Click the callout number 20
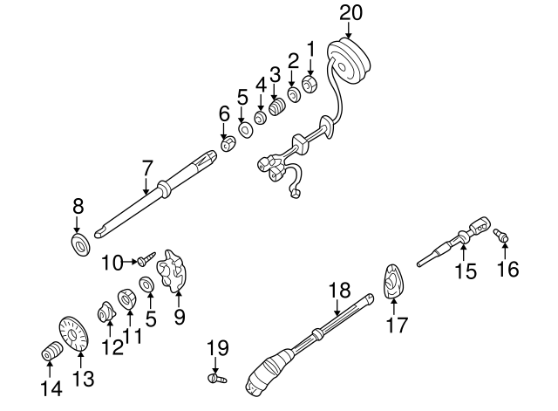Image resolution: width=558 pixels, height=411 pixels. pos(349,12)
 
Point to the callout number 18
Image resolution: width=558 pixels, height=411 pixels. pos(337,290)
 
